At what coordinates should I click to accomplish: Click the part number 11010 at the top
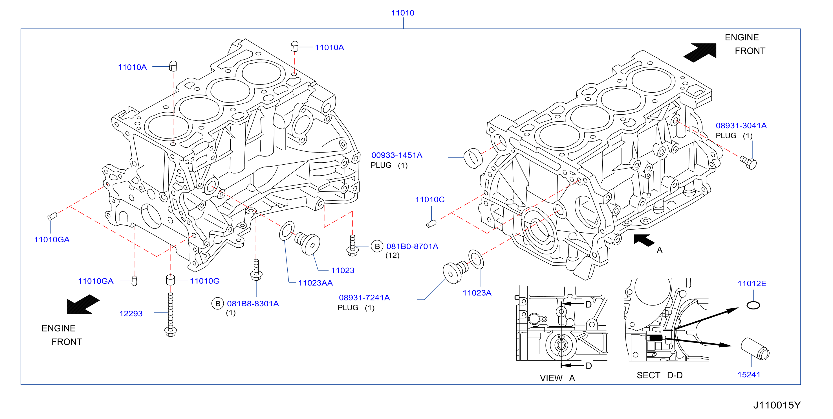(x=403, y=13)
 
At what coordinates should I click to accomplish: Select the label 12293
(x=131, y=313)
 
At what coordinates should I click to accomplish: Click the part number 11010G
(x=205, y=281)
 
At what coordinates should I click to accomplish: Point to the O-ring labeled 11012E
(x=753, y=305)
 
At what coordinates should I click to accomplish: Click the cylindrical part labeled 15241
(x=755, y=349)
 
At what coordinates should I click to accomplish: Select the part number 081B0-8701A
(x=412, y=246)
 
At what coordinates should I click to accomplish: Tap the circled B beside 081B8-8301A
(x=218, y=304)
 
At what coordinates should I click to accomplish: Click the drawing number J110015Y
(x=777, y=405)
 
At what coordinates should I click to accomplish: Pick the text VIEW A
(x=557, y=378)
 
